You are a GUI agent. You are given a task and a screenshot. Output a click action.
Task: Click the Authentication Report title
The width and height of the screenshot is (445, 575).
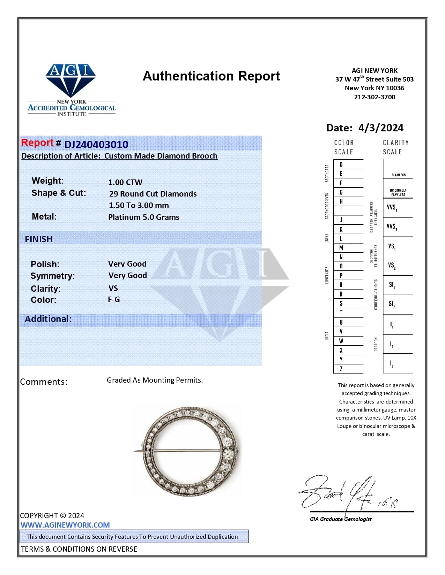click(x=211, y=76)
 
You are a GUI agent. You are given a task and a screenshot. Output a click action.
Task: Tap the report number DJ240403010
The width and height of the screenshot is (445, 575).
click(x=96, y=144)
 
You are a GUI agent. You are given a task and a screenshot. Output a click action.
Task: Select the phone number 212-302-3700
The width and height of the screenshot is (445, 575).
click(x=374, y=97)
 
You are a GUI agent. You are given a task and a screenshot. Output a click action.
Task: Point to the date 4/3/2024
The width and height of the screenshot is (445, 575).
click(x=380, y=128)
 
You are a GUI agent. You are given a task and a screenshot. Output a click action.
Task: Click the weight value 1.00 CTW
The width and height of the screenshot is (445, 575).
click(x=125, y=182)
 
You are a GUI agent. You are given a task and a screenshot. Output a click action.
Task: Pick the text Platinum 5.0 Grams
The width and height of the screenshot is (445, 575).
click(x=143, y=217)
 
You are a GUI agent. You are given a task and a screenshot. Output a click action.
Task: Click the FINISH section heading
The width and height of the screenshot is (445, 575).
click(x=39, y=239)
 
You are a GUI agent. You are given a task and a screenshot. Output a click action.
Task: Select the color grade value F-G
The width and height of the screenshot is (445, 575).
click(x=114, y=299)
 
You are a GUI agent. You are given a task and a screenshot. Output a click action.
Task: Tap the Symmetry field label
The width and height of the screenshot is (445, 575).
click(x=53, y=276)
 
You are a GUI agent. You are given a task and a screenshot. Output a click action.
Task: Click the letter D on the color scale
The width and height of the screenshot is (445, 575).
click(x=341, y=164)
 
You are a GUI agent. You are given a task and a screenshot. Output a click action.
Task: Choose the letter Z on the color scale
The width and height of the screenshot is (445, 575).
click(x=341, y=369)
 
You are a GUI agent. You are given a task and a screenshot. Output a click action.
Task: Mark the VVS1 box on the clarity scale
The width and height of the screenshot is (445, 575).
click(x=392, y=208)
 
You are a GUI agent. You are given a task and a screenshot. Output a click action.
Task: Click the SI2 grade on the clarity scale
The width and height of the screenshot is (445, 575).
click(x=392, y=305)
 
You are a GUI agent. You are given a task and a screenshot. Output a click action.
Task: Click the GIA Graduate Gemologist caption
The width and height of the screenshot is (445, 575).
click(x=341, y=519)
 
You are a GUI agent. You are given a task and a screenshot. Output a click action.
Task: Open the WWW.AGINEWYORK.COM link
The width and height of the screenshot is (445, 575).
click(x=65, y=525)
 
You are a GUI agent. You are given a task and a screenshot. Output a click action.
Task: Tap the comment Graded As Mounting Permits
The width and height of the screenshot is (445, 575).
click(x=155, y=380)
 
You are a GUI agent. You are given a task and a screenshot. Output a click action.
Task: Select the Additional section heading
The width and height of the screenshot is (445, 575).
click(x=48, y=319)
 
